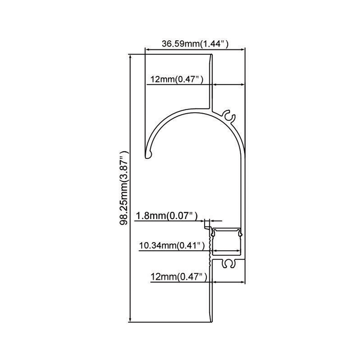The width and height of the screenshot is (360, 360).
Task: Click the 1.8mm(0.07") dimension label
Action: (x=167, y=216)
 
